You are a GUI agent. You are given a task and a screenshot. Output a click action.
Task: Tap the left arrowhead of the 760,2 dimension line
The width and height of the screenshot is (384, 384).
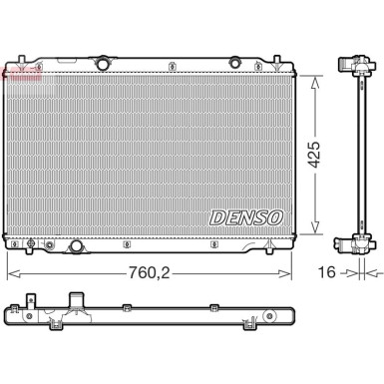11,273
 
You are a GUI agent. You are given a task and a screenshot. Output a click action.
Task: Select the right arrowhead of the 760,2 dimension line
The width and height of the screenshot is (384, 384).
289,273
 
